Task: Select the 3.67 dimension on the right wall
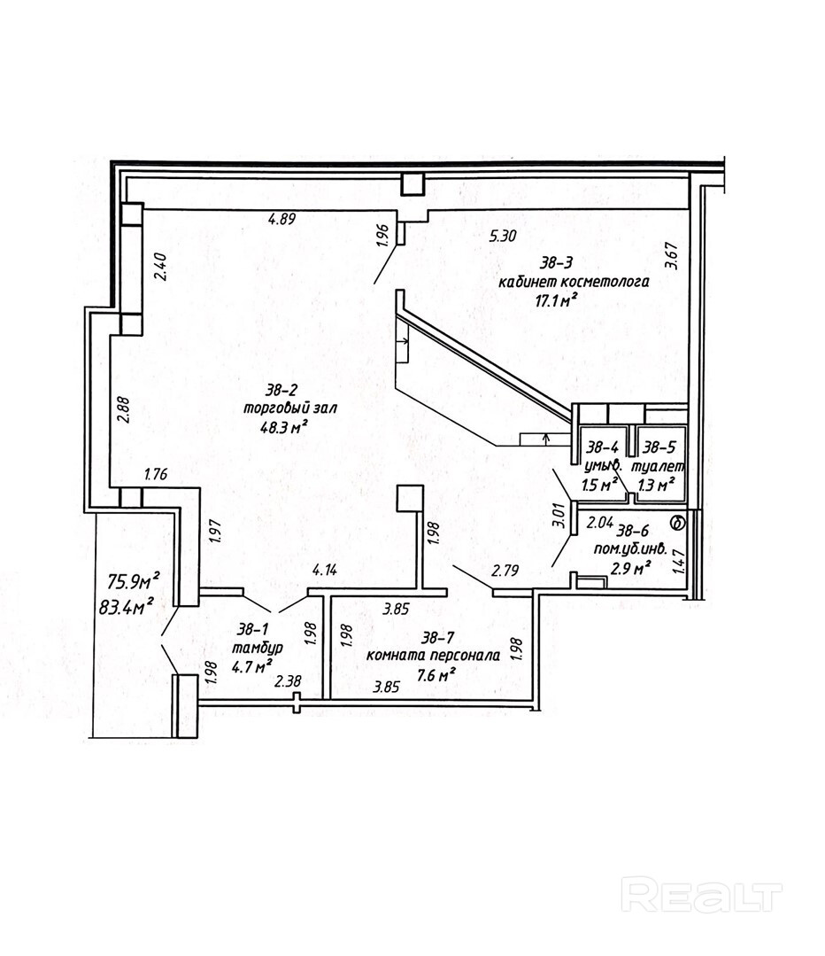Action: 672,256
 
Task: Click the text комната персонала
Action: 433,656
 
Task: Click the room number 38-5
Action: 659,447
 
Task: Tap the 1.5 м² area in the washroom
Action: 599,485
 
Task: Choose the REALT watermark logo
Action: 701,895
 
